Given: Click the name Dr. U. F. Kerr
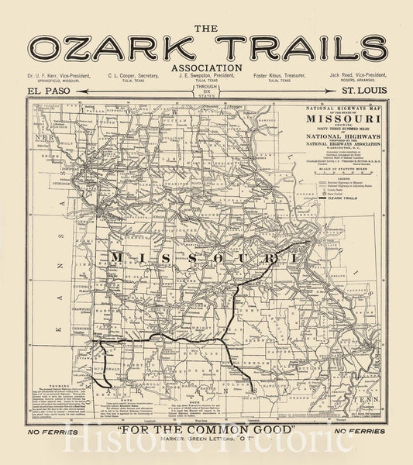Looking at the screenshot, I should [55, 76].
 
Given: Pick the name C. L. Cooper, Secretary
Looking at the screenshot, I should [134, 76].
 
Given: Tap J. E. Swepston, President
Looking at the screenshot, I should [206, 76].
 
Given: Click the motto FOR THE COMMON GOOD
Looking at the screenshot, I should [206, 429].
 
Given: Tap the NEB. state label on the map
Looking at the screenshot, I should [42, 136].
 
